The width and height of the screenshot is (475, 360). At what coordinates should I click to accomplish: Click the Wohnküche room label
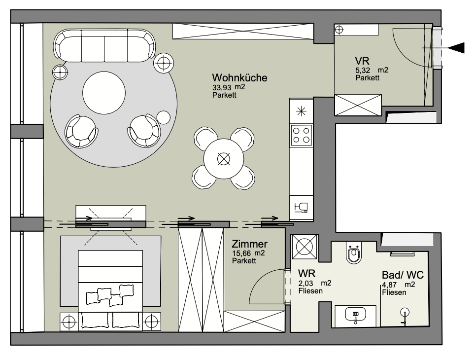(239, 77)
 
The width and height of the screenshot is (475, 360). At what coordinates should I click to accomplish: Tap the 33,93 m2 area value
(229, 87)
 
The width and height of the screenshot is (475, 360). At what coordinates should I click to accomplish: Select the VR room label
(362, 61)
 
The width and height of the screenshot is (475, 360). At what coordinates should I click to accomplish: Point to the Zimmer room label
(250, 244)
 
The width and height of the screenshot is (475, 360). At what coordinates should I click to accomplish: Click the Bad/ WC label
(403, 275)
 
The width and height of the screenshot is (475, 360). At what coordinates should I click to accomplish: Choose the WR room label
(306, 273)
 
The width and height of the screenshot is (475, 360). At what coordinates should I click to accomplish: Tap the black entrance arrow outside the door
(456, 48)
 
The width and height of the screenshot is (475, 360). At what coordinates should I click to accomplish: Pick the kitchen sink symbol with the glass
(301, 208)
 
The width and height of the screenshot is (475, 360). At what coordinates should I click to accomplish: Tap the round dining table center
(224, 158)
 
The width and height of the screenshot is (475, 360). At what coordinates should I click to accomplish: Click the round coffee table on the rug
(104, 93)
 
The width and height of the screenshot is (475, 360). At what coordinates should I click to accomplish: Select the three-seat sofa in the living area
(104, 45)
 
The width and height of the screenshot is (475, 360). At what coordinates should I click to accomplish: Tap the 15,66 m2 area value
(248, 253)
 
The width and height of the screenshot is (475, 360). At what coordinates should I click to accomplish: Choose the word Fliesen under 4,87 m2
(394, 292)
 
